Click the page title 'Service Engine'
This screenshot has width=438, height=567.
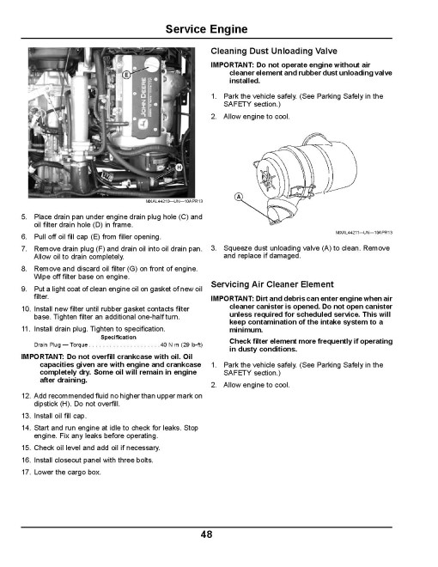click(x=206, y=29)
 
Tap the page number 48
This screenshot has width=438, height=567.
click(x=206, y=534)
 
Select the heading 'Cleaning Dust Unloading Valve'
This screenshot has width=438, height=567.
click(x=274, y=51)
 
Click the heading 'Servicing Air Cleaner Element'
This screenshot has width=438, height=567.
click(x=272, y=284)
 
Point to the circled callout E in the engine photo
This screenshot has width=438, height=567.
click(x=126, y=75)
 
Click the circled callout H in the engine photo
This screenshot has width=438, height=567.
click(x=179, y=167)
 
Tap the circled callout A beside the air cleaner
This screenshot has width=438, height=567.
click(x=239, y=197)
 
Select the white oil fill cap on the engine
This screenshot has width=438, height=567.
click(x=152, y=64)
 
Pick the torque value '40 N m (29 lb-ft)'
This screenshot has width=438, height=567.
click(x=181, y=345)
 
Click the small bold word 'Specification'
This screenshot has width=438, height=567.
click(x=119, y=338)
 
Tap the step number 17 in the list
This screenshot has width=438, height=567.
click(x=25, y=472)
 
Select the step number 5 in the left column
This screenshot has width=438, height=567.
click(x=24, y=217)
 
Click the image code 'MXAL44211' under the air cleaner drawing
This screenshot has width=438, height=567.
click(x=347, y=233)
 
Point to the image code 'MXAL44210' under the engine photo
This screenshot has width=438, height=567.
click(x=157, y=201)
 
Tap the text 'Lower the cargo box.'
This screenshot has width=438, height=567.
click(x=67, y=472)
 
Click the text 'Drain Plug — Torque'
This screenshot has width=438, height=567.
click(x=61, y=345)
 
